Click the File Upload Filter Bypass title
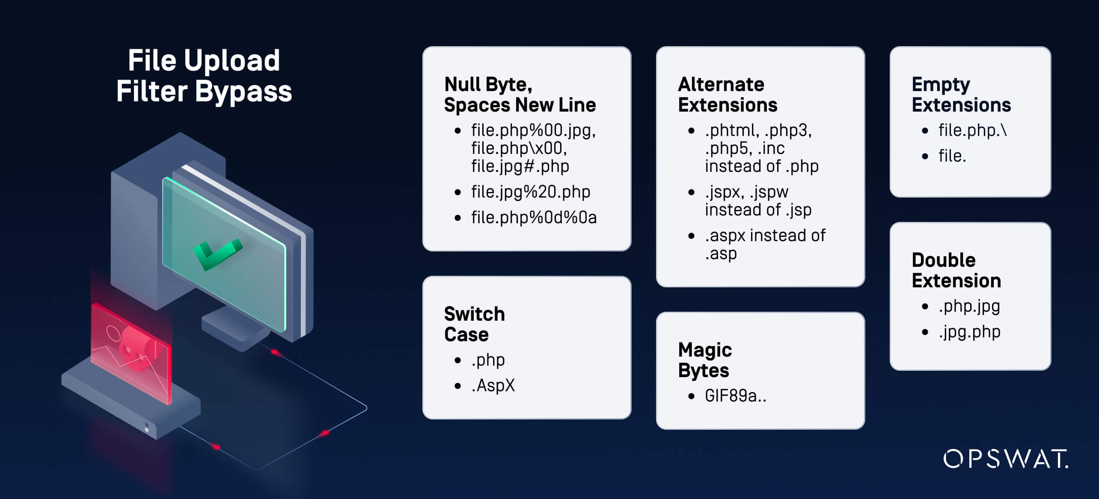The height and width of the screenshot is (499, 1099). tap(204, 76)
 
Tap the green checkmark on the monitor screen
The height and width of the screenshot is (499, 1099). tap(217, 254)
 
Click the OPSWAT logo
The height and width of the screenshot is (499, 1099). tap(1005, 459)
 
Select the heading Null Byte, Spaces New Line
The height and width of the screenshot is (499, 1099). tap(520, 94)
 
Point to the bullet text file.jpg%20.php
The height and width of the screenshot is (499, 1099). tap(530, 192)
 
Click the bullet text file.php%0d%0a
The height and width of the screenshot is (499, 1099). tap(534, 218)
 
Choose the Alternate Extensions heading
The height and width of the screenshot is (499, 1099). tap(727, 94)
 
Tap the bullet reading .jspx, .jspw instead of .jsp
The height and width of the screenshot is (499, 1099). tap(757, 201)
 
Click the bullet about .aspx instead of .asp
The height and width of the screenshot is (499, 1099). tap(765, 244)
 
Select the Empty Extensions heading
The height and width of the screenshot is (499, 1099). tap(961, 94)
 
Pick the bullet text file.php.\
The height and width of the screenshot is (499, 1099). tap(972, 130)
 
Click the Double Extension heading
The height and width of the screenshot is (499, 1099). tap(956, 270)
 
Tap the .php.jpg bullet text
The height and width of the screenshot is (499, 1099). tap(969, 307)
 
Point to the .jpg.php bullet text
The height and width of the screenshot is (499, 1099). tap(969, 332)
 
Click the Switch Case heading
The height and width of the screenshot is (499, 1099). tap(474, 324)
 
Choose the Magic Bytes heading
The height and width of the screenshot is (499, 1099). tap(705, 360)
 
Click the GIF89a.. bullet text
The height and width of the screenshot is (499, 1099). tap(735, 396)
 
